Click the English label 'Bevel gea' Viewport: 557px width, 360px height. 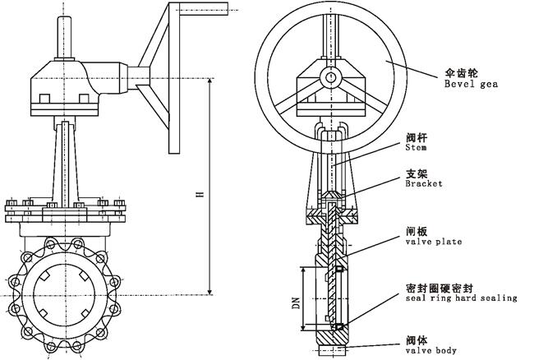(x=472, y=84)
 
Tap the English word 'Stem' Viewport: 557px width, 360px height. (x=415, y=148)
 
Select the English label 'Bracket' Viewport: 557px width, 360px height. (x=423, y=184)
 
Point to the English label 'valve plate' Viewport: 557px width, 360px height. (x=434, y=242)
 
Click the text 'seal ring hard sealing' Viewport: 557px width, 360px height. (x=461, y=298)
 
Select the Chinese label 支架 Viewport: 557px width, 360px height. (x=417, y=173)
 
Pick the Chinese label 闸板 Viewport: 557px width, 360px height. (x=417, y=231)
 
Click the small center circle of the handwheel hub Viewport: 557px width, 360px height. (x=329, y=77)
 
